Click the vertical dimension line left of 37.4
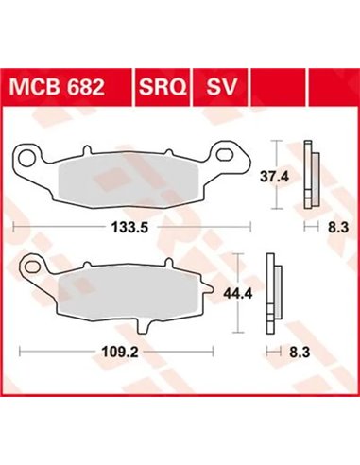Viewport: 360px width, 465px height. [275, 174]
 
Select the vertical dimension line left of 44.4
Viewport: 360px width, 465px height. [238, 292]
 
